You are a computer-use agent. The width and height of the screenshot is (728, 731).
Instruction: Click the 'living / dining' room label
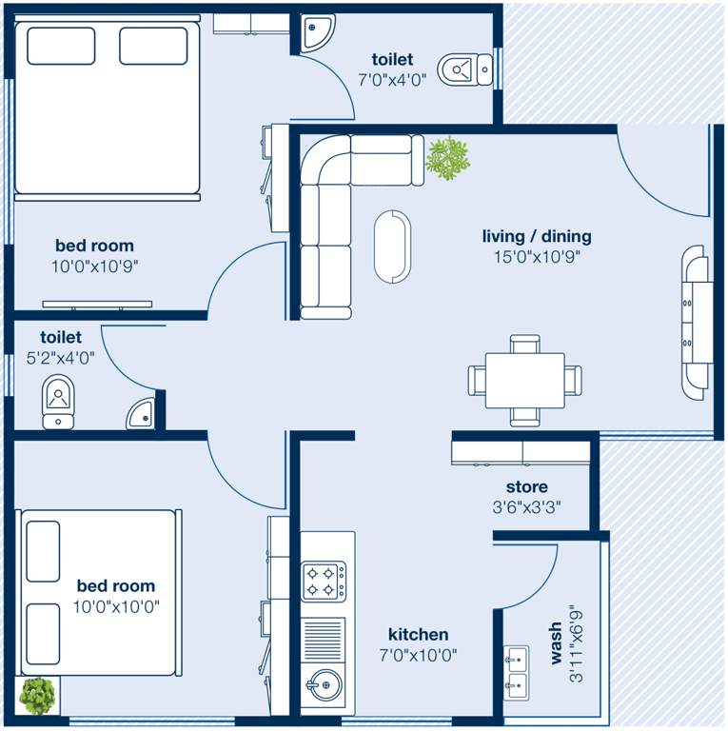point(537,236)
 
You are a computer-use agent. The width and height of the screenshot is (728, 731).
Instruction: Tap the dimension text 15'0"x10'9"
point(537,256)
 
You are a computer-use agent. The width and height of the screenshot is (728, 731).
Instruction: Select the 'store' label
point(526,487)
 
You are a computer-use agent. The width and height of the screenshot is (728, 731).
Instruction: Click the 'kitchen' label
point(418,635)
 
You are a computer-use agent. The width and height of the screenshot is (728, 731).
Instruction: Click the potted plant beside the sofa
point(447,157)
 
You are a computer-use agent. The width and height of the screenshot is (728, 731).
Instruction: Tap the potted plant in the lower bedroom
point(37,697)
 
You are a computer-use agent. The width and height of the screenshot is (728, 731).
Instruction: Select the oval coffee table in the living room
point(391,246)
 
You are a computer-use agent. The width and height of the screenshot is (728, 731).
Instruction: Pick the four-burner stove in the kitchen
point(324,581)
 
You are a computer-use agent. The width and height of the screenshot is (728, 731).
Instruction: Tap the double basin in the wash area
point(518,671)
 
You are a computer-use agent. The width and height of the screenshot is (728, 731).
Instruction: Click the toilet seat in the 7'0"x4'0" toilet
point(459,69)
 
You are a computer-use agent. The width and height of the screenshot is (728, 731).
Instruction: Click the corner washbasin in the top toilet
point(313,31)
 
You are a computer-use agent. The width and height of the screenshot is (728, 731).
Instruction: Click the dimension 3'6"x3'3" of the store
point(526,508)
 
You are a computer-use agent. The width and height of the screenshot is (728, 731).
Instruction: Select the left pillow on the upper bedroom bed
point(61,46)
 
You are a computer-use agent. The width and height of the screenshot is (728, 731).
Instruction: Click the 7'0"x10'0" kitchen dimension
point(418,655)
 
